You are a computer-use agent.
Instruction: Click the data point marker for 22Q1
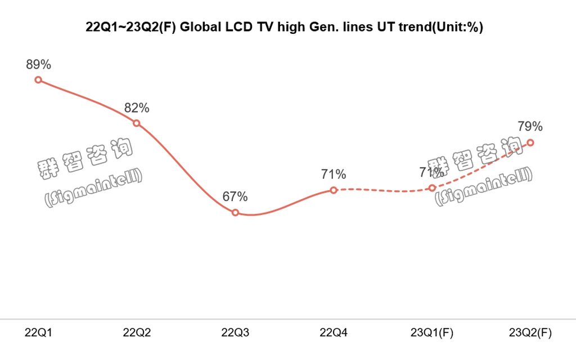pos(38,80)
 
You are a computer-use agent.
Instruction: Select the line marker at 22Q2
pos(137,123)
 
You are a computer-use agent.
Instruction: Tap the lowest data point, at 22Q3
pos(235,213)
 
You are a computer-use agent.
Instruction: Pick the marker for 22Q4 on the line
pos(334,190)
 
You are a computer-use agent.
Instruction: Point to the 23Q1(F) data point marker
pos(432,188)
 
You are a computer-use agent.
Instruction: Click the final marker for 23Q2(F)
pos(530,142)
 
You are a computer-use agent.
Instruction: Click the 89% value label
pos(38,65)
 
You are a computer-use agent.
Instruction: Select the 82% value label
pos(137,107)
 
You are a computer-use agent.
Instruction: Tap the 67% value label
pos(235,197)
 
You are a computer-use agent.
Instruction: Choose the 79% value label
pos(530,127)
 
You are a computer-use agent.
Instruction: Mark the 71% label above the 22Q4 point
pos(334,174)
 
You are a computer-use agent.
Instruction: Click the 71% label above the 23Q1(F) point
pos(431,172)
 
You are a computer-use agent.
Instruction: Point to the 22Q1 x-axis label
pos(38,332)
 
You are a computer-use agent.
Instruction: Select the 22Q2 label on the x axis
pos(137,332)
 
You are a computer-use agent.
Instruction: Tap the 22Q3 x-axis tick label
pos(235,332)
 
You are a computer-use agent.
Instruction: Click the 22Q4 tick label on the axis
pos(334,332)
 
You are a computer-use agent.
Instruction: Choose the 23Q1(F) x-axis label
pos(432,332)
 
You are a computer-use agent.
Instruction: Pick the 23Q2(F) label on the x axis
pos(530,332)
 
